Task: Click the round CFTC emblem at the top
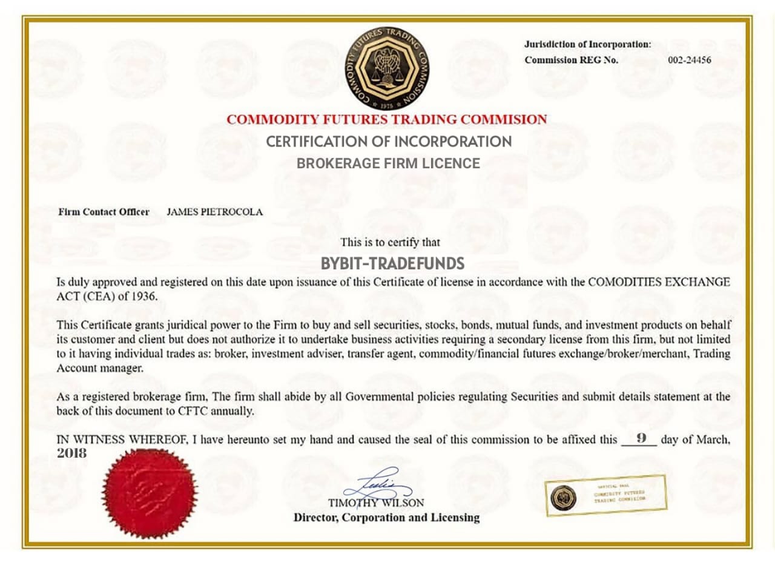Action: [x=387, y=67]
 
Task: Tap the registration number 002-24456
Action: [x=689, y=60]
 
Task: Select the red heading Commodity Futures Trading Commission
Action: [x=387, y=119]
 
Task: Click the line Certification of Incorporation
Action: [x=389, y=142]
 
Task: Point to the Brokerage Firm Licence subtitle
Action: [x=388, y=163]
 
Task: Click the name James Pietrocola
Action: [x=214, y=212]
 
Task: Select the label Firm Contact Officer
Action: [x=104, y=212]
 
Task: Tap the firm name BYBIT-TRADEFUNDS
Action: [x=392, y=264]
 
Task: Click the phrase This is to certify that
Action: [x=390, y=242]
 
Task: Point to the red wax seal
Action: [x=150, y=493]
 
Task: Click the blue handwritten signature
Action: [x=378, y=484]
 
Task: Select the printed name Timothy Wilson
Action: [x=376, y=503]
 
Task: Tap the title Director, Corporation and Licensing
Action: [x=386, y=518]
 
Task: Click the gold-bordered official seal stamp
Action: [x=605, y=495]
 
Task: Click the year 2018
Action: [x=72, y=453]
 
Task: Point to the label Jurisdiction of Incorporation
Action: [x=587, y=44]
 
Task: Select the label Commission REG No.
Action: [x=571, y=60]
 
